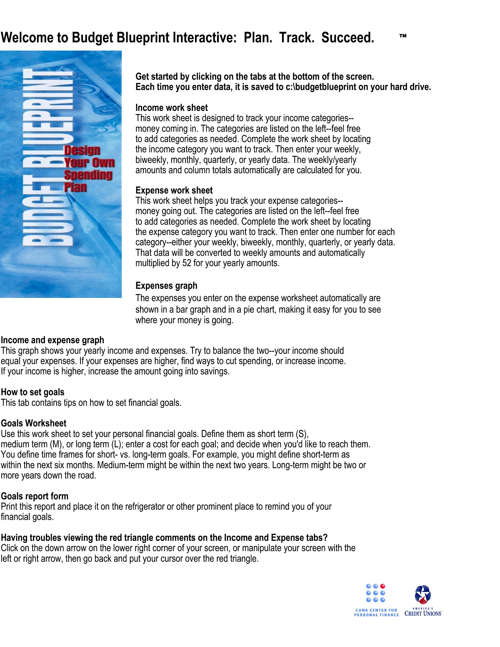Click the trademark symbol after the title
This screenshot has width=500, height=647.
click(403, 36)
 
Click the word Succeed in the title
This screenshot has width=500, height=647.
click(347, 38)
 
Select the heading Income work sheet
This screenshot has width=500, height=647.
click(171, 108)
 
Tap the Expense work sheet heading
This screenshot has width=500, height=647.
click(174, 191)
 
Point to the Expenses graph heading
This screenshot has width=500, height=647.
click(166, 286)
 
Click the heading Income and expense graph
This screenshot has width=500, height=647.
click(52, 340)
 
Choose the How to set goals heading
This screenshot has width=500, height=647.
click(33, 392)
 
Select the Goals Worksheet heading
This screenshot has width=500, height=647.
click(34, 423)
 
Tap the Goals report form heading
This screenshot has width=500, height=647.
click(34, 496)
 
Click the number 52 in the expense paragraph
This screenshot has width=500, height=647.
click(186, 264)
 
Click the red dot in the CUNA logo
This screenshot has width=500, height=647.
click(383, 586)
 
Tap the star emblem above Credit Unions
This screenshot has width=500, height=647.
click(423, 594)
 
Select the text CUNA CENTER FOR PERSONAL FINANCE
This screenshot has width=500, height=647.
click(376, 613)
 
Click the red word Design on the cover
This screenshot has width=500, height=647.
click(82, 151)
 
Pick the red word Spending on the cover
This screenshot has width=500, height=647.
click(88, 175)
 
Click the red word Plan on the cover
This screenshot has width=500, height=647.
click(75, 187)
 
